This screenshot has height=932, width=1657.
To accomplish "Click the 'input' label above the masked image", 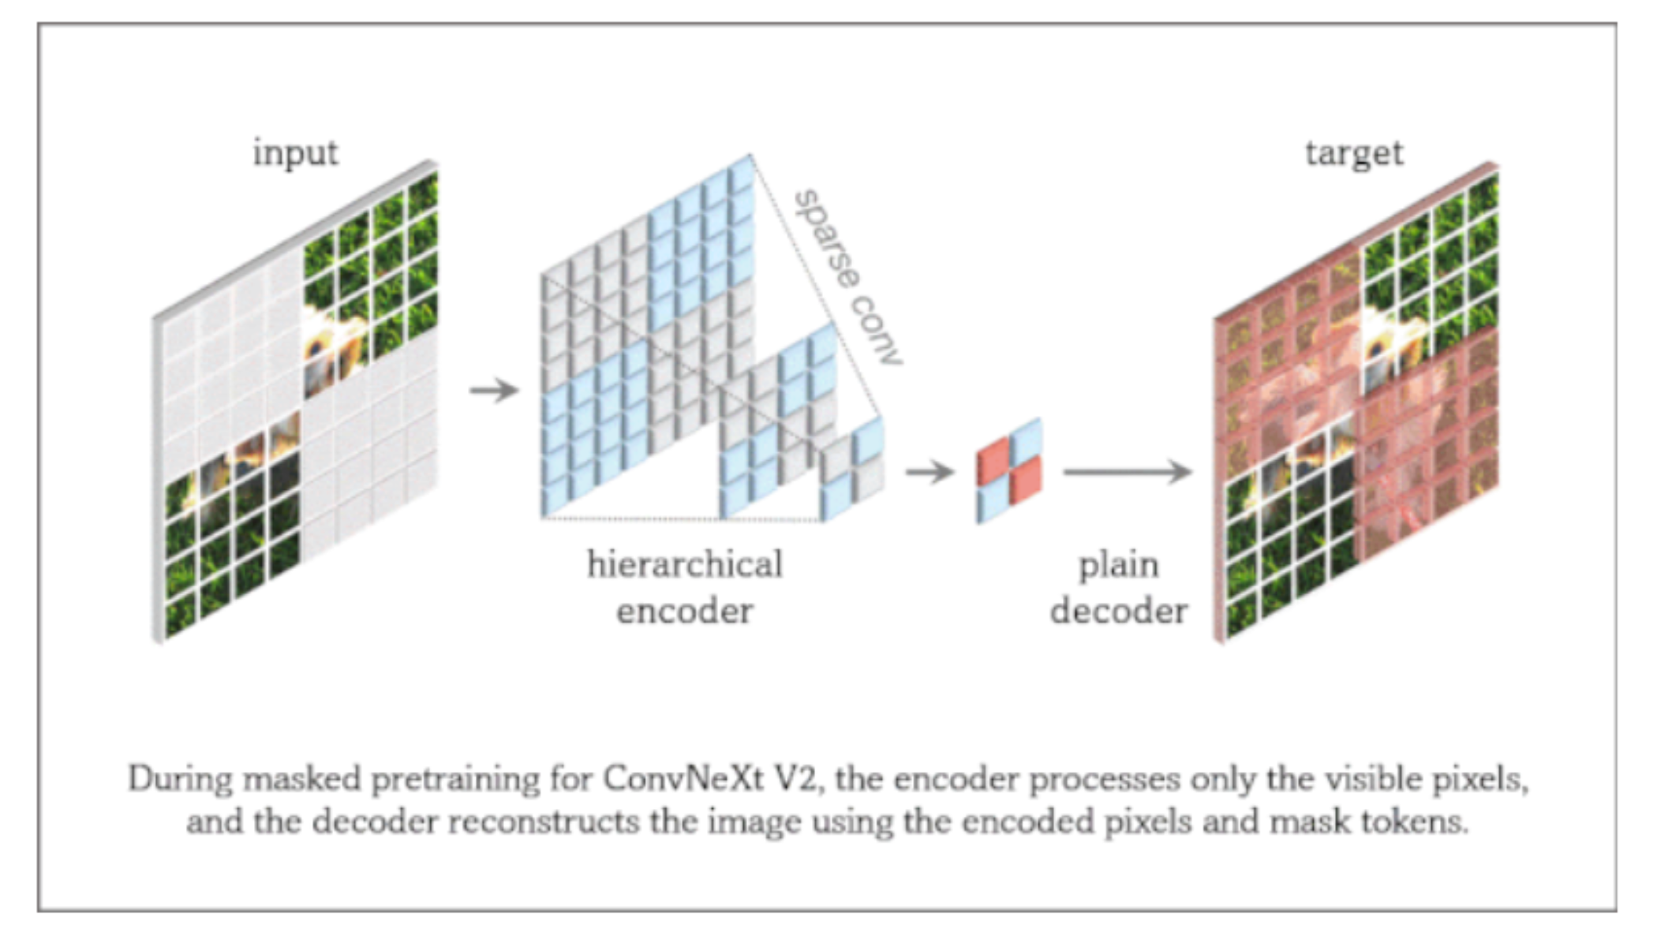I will (x=295, y=152).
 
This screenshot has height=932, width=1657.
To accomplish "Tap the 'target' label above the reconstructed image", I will (x=1354, y=153).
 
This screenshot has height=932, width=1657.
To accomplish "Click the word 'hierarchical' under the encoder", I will (x=685, y=565).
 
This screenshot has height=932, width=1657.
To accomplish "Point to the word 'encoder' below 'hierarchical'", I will (x=685, y=611).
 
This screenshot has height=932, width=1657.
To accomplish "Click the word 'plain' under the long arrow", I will (x=1118, y=566).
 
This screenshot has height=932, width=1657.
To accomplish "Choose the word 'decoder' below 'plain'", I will (x=1118, y=611).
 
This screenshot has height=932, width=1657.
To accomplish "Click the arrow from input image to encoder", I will (x=494, y=390).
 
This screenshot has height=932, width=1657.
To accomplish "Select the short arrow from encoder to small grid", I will (x=930, y=473).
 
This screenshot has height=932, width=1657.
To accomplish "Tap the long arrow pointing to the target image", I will (x=1128, y=472).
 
